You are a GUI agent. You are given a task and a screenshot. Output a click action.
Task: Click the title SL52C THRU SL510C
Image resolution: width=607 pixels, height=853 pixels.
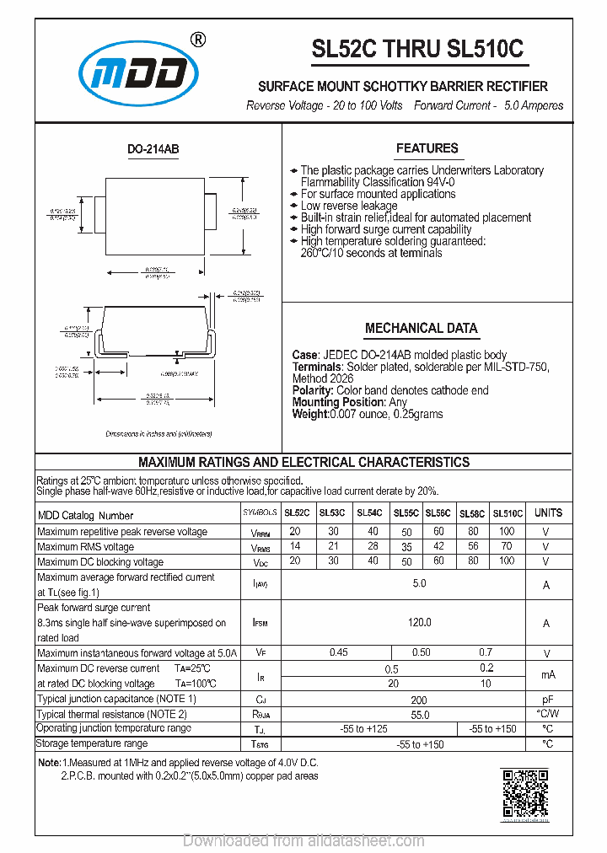pos(417,50)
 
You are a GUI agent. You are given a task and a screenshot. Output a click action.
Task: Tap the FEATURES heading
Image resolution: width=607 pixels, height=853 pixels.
pos(427,148)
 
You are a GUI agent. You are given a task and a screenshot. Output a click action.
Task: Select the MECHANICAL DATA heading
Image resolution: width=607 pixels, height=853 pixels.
pos(421,328)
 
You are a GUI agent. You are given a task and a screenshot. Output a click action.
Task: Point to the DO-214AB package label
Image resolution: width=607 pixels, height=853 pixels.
pos(153,149)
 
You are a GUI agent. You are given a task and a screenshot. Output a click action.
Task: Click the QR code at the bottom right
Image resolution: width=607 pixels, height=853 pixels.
pos(525,795)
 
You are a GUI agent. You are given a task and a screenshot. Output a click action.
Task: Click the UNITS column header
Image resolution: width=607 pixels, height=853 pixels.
pos(547,512)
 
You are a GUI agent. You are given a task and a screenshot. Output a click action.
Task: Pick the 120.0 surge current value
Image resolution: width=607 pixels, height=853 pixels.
pos(419,622)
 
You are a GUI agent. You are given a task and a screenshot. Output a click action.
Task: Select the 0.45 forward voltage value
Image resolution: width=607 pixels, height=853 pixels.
pos(339,652)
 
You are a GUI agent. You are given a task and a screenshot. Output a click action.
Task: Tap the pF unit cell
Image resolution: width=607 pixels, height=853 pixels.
pos(547,700)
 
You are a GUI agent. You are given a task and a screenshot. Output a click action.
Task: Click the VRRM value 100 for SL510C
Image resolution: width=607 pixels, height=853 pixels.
pos(507,531)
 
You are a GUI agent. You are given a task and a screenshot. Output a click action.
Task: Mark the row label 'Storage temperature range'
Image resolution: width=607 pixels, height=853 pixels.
pos(92,743)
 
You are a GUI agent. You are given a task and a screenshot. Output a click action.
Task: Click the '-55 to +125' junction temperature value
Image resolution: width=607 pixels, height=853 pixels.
pos(365,728)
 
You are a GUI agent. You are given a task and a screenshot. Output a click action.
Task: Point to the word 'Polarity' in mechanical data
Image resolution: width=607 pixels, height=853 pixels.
pos(312,390)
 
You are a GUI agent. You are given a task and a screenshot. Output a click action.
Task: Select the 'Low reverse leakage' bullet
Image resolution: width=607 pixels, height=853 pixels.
pos(348,206)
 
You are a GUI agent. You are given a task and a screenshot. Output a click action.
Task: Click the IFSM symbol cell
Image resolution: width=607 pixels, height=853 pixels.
pos(260,623)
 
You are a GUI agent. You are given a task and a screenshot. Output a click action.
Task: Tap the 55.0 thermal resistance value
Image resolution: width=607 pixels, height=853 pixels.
pos(419,714)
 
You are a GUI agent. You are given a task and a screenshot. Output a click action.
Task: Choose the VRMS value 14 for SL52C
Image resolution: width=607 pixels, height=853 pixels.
pos(295,546)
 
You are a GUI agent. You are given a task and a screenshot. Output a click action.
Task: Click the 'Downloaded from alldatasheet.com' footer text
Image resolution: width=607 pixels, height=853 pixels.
pos(303,840)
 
